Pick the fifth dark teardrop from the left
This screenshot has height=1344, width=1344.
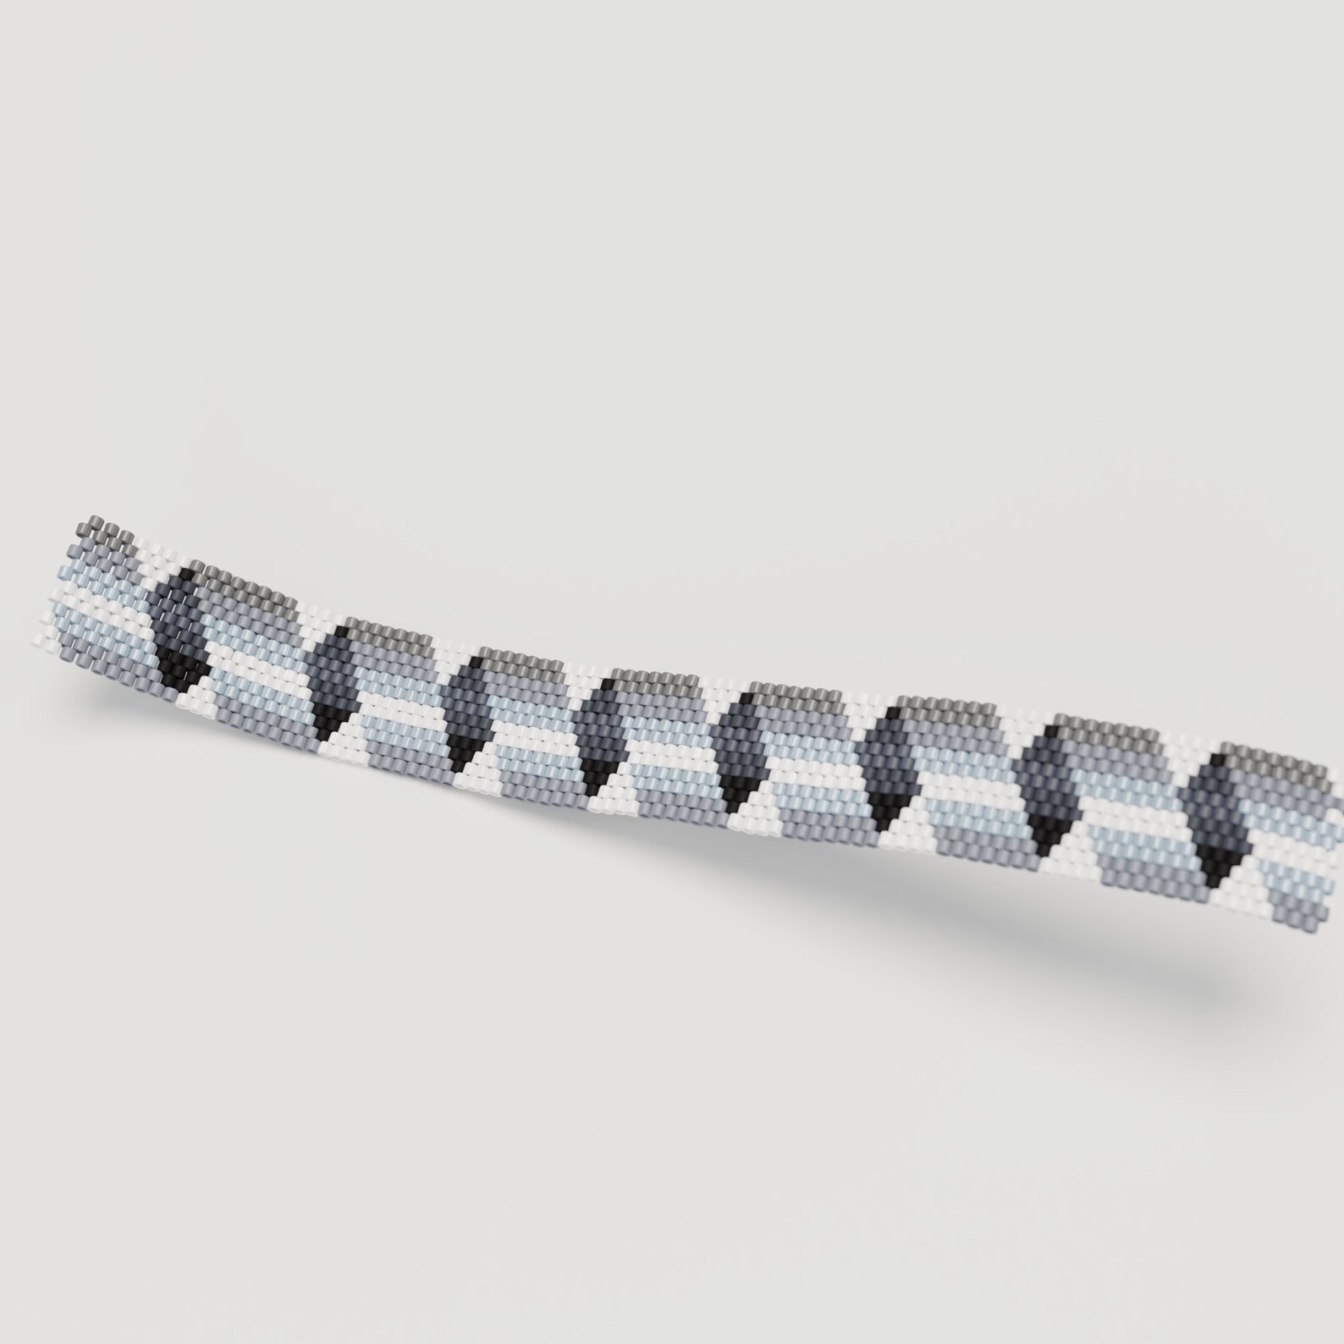[738, 745]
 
